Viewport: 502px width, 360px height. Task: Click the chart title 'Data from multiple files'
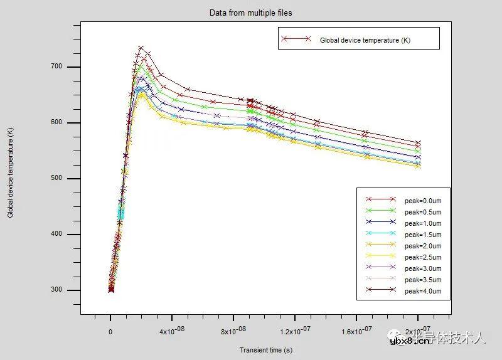(x=250, y=13)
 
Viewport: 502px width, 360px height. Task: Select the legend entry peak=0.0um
(x=423, y=200)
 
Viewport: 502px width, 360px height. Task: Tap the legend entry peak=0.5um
(x=423, y=211)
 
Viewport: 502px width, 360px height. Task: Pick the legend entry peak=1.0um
(x=423, y=223)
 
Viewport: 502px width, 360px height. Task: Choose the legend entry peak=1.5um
(x=423, y=234)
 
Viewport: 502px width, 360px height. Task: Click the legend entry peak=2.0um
(x=423, y=245)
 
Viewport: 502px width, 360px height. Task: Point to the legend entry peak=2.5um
(x=423, y=257)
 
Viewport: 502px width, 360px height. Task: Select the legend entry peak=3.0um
(x=423, y=268)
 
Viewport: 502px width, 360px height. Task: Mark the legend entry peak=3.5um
(x=423, y=280)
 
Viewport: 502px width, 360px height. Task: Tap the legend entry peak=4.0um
(x=423, y=291)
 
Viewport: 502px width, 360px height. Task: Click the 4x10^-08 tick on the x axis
(x=172, y=332)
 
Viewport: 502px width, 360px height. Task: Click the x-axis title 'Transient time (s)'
(x=265, y=350)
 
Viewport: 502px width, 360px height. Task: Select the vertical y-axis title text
(x=11, y=179)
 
